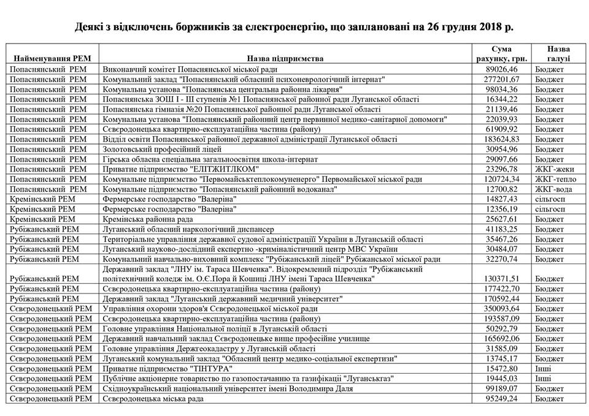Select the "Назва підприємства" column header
(x=285, y=59)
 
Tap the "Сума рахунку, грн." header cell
(x=502, y=54)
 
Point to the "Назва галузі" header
(x=558, y=54)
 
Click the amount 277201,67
(x=501, y=80)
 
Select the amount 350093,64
(x=501, y=309)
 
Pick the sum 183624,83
(x=501, y=140)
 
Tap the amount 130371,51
(x=501, y=279)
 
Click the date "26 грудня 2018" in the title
(x=459, y=28)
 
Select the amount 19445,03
(x=501, y=379)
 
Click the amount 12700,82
(x=501, y=189)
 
